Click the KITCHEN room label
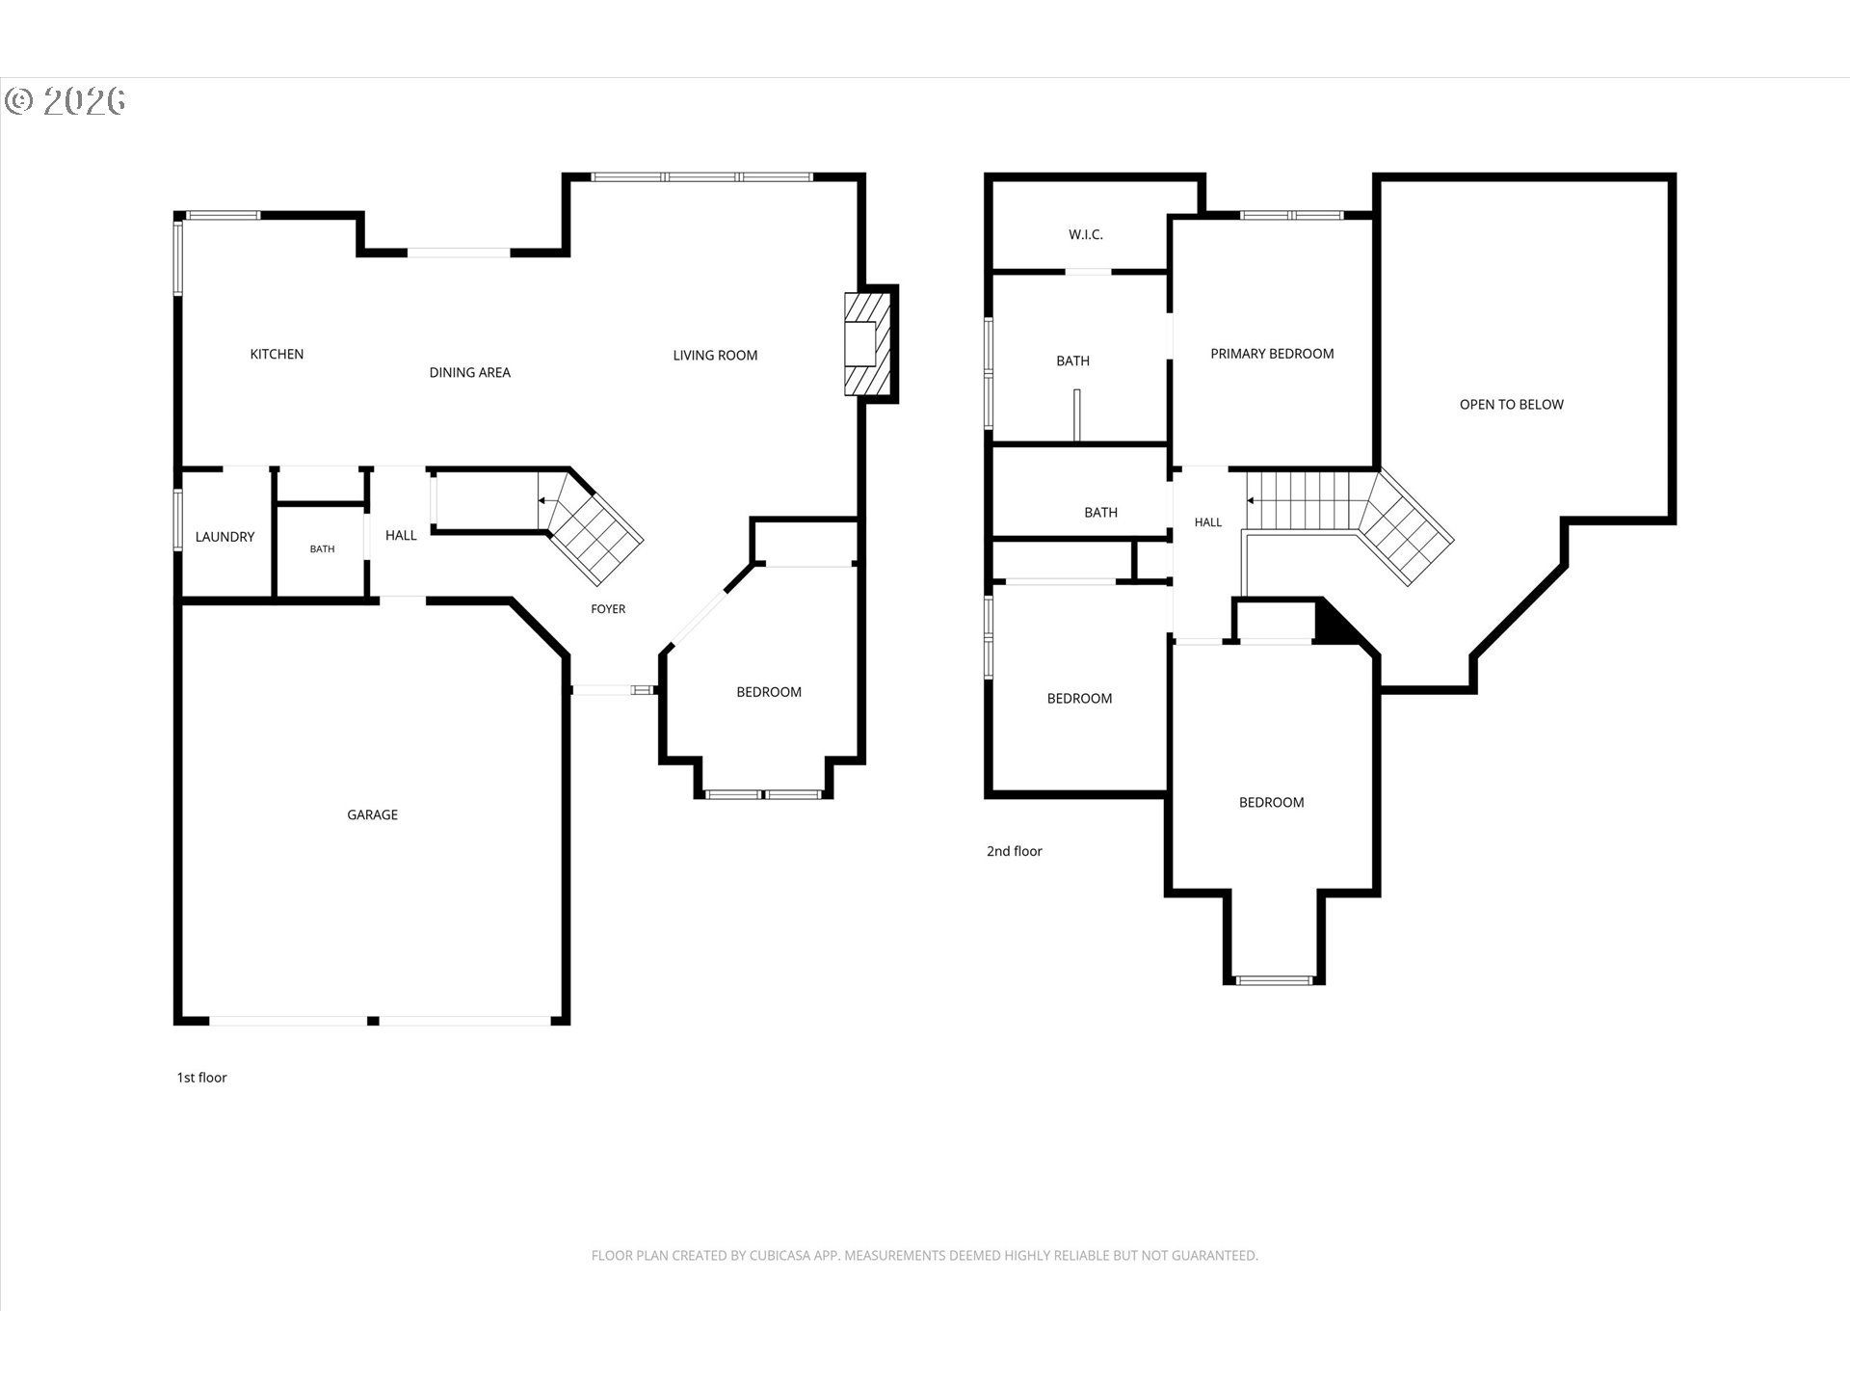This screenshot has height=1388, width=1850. (x=277, y=355)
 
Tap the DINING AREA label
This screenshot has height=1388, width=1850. (x=470, y=373)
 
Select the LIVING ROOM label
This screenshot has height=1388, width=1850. (x=715, y=356)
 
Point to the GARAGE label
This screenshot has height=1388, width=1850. (x=372, y=815)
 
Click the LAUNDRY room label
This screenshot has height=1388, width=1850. (x=225, y=537)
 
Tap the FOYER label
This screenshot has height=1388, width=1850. (x=608, y=609)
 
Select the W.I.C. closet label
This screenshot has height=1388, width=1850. (x=1086, y=235)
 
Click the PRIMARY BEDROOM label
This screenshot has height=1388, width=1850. (x=1272, y=354)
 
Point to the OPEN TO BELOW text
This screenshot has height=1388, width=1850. (x=1511, y=405)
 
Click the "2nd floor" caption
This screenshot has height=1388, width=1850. (x=1014, y=851)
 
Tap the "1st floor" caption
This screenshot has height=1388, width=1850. (x=201, y=1078)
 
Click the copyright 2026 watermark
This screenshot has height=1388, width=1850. (x=65, y=101)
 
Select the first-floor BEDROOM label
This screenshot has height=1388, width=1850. (x=769, y=692)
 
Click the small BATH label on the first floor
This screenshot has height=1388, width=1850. (x=322, y=549)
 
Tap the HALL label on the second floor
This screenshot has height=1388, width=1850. (x=1207, y=522)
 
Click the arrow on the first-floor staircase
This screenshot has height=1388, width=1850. (x=545, y=501)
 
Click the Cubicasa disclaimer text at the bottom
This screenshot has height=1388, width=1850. (x=925, y=1255)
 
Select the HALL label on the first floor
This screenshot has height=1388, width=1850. (x=401, y=536)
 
